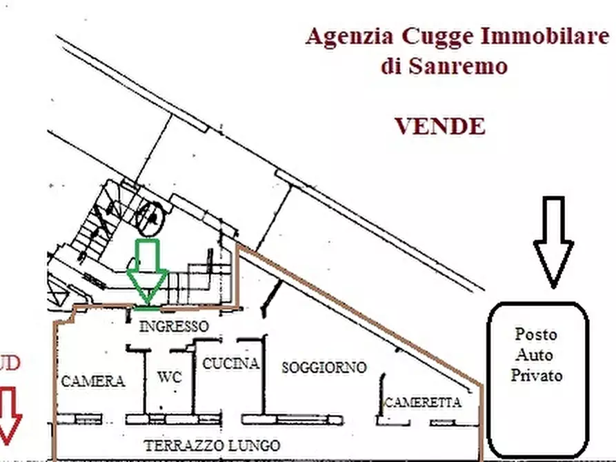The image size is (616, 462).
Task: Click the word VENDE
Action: click(439, 126)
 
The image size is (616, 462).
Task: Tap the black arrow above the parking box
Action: click(553, 241)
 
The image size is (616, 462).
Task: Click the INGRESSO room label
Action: click(173, 325)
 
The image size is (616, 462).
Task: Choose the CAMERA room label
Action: click(93, 381)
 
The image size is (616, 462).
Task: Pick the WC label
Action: click(170, 377)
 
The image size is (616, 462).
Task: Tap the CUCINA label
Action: click(230, 363)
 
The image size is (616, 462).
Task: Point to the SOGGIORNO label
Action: click(324, 368)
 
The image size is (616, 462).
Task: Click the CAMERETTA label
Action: click(422, 403)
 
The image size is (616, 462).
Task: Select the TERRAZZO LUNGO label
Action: click(212, 445)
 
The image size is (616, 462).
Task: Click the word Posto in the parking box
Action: click(536, 334)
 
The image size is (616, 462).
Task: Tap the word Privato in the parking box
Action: click(536, 375)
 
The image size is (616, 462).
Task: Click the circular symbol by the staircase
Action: click(150, 217)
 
